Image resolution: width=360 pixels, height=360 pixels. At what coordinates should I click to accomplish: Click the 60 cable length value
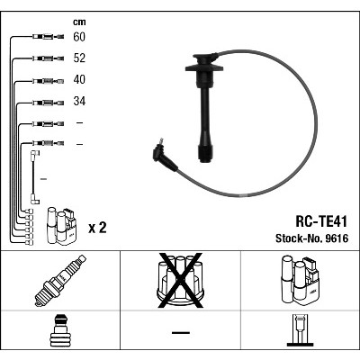coord(79,37)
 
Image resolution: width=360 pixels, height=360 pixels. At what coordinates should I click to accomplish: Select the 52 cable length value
coord(79,58)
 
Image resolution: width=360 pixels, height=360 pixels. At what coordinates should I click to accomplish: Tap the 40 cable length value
coord(79,79)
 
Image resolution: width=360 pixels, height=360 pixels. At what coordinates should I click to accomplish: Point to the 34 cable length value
coord(79,101)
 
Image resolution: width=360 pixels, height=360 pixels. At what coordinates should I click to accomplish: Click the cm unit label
coord(79,22)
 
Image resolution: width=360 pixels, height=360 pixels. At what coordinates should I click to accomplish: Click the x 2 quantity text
coord(97,229)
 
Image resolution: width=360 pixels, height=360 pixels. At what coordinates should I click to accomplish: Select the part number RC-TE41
coord(321,222)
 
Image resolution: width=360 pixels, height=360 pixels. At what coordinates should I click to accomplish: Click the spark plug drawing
coord(60,281)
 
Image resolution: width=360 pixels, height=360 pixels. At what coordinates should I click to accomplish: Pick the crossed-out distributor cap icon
coord(180,281)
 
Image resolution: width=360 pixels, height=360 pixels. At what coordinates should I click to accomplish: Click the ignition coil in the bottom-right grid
coord(300,279)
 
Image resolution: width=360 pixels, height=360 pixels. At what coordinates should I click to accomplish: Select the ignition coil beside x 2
coord(61,226)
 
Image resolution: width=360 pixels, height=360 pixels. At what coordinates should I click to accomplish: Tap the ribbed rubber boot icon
coord(60,331)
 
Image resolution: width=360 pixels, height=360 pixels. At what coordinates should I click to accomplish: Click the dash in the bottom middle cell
coord(181,332)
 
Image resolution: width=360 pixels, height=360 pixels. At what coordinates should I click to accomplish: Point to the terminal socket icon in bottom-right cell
coord(301,330)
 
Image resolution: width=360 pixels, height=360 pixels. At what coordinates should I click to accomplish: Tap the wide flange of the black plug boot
coord(204,67)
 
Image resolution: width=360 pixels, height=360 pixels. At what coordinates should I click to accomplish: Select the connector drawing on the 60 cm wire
coord(48,37)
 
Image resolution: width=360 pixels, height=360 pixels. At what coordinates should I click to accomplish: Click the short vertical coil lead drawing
coord(34,177)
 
